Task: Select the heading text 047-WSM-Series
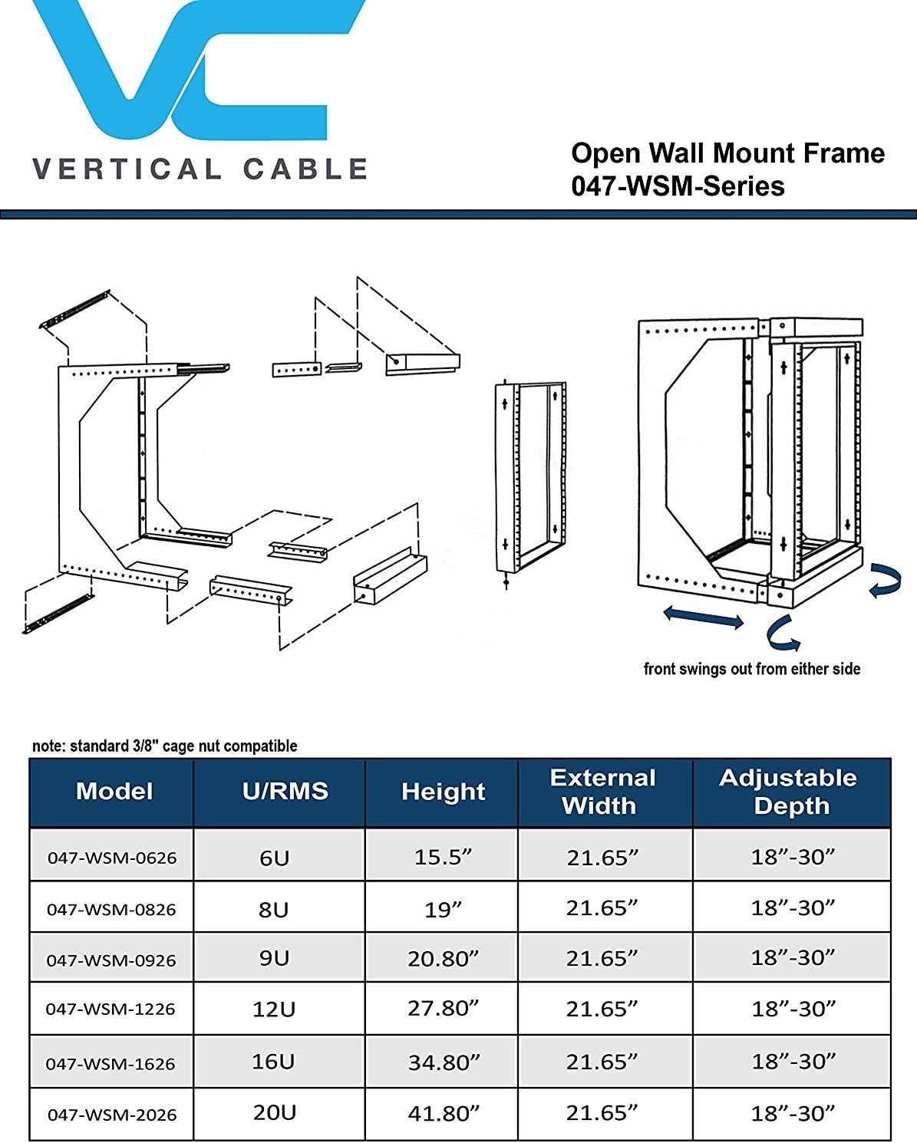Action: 678,186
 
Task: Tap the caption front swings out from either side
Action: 751,669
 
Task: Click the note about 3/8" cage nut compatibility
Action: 164,746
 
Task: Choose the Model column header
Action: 114,792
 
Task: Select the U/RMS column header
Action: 285,792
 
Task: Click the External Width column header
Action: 602,792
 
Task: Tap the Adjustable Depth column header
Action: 789,792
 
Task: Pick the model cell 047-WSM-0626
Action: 112,858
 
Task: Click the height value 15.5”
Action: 443,857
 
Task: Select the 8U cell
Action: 274,910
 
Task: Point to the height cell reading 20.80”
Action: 443,958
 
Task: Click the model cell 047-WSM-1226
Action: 111,1010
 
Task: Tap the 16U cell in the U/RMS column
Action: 273,1062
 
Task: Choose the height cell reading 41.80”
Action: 443,1113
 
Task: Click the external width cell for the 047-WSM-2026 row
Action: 602,1113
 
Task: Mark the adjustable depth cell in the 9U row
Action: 792,958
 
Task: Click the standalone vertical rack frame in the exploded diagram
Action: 531,479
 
